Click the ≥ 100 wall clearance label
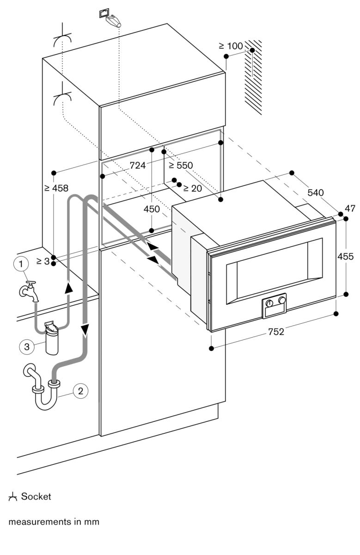click(231, 46)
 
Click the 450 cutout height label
click(152, 209)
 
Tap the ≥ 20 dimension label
click(192, 188)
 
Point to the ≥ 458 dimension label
click(56, 188)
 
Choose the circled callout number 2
click(80, 391)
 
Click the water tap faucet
click(29, 291)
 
